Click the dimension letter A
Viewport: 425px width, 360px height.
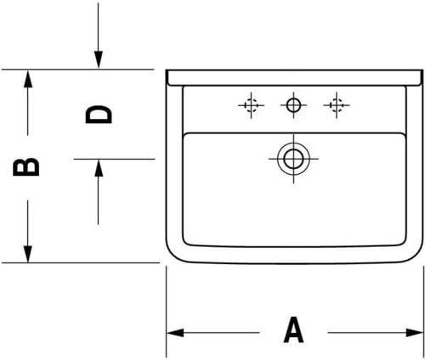tap(293, 330)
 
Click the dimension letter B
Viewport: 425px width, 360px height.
tap(26, 167)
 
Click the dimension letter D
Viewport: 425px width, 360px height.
tap(99, 115)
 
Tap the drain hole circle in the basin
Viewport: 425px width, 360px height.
tap(293, 159)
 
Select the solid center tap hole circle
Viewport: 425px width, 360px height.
tap(293, 105)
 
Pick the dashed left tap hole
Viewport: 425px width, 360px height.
tap(251, 105)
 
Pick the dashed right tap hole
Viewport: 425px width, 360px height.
tap(337, 105)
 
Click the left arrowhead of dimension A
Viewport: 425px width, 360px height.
tap(174, 333)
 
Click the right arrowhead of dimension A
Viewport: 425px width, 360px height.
tap(415, 333)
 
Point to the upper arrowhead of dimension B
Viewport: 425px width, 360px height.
tap(27, 78)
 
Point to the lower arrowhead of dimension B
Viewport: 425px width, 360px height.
tap(27, 254)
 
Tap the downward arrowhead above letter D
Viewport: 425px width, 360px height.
tap(99, 59)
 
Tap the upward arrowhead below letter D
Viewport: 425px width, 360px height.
tap(99, 168)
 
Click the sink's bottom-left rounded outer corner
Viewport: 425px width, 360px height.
tap(173, 256)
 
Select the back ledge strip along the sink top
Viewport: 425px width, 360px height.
tap(295, 77)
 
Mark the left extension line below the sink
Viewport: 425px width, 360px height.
tap(166, 312)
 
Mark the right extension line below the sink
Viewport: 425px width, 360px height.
tap(424, 312)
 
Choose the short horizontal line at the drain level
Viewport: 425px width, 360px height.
tap(114, 159)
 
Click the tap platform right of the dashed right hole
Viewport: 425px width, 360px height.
tap(376, 110)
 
